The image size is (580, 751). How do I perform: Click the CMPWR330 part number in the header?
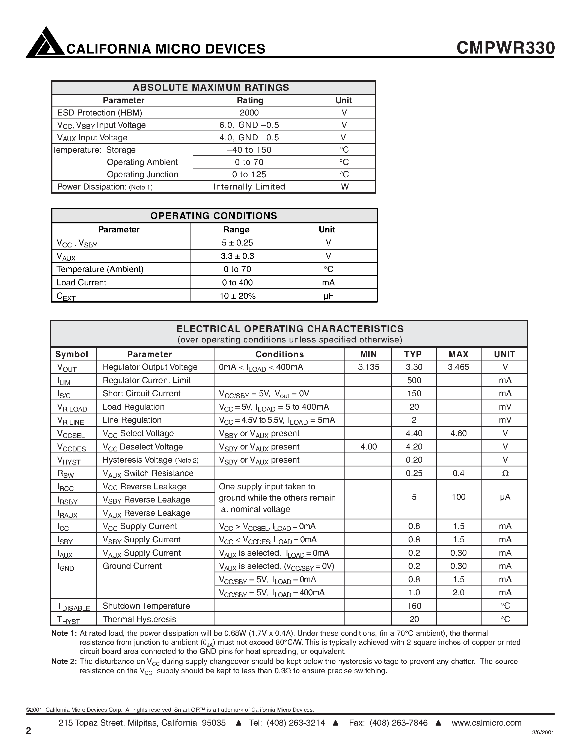click(505, 48)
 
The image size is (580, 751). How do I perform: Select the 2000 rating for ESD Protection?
click(249, 113)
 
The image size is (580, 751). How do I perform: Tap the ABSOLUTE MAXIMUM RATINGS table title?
click(211, 87)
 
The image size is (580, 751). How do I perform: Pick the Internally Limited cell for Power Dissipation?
click(249, 187)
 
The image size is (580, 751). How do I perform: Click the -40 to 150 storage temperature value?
click(249, 150)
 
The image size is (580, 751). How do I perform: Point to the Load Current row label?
click(81, 283)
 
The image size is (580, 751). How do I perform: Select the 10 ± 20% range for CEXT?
click(237, 296)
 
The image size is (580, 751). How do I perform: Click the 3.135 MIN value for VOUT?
click(368, 367)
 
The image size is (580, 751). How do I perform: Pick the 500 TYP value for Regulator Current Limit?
click(414, 380)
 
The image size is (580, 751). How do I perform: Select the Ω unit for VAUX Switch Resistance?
click(505, 474)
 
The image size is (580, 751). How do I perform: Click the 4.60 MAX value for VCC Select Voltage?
click(458, 434)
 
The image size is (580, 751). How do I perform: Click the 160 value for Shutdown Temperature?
click(414, 606)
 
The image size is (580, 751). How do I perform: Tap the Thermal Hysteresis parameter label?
click(139, 619)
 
